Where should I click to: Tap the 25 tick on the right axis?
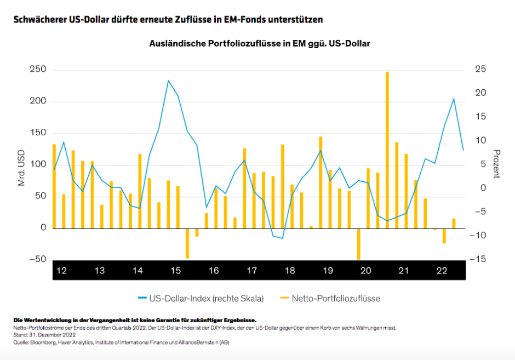tap(480, 70)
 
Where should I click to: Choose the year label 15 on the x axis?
tap(175, 271)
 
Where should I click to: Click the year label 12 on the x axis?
tap(61, 271)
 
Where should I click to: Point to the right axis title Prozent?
tap(496, 164)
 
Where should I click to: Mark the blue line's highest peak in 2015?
tap(168, 81)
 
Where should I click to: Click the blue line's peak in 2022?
tap(454, 99)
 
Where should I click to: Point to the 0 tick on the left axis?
tap(43, 228)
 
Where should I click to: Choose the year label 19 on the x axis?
tap(328, 271)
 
